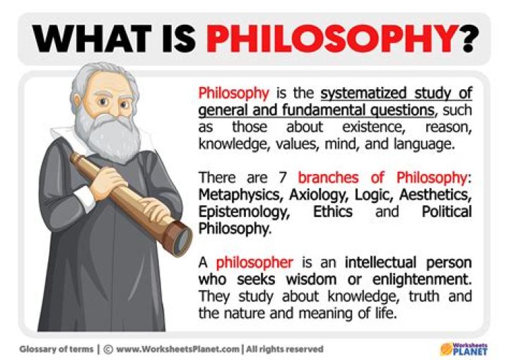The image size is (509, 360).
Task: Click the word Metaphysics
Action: [x=235, y=194]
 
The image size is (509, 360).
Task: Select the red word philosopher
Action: [x=245, y=262]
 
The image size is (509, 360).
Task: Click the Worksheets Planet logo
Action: [x=466, y=348]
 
